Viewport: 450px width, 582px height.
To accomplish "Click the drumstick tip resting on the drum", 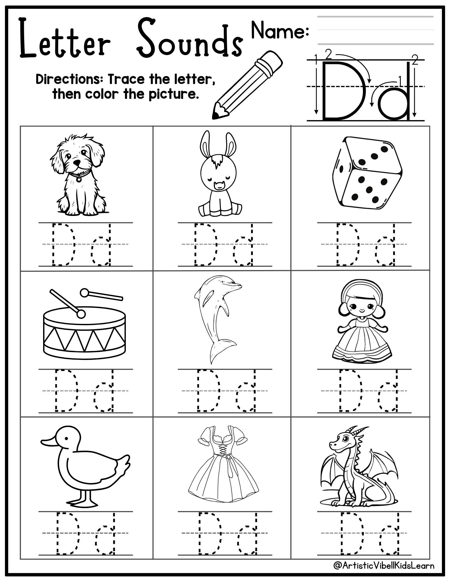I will pos(81,314).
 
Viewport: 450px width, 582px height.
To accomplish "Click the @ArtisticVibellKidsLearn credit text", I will pos(384,565).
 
